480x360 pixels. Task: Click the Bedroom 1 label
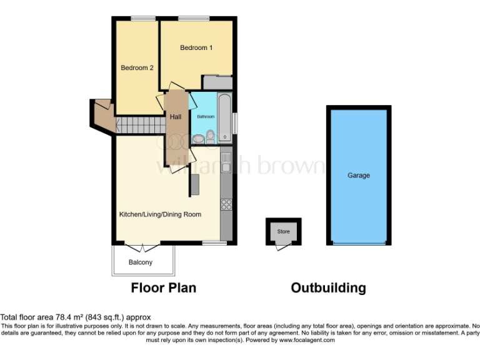coord(197,47)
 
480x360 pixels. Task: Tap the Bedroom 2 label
coord(137,68)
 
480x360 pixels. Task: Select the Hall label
coord(175,116)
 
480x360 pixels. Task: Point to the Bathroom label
coord(206,117)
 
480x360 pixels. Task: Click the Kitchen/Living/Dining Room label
coord(160,214)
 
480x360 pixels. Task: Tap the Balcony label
coord(141,262)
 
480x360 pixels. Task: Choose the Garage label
coord(359,176)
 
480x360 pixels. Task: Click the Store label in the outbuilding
coord(284,232)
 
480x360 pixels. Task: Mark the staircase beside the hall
coord(140,125)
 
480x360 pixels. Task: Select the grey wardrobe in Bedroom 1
coord(217,82)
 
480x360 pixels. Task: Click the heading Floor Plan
coord(163,288)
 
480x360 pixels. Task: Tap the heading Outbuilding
coord(328,288)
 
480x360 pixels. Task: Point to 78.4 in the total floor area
coord(62,317)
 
